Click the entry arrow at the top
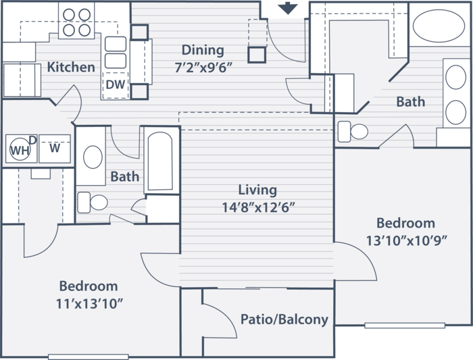288,8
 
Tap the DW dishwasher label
116,84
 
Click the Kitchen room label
71,67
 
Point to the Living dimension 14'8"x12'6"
258,207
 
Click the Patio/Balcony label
284,319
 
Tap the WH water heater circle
20,149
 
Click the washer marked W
55,149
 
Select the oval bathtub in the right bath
439,26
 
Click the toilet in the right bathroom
353,132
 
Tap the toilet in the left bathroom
93,203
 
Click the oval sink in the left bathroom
93,157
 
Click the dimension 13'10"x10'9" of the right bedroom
406,240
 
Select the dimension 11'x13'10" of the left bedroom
90,304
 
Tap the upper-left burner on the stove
69,15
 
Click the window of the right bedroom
405,326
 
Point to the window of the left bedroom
89,357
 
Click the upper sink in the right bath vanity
455,76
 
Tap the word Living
257,190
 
